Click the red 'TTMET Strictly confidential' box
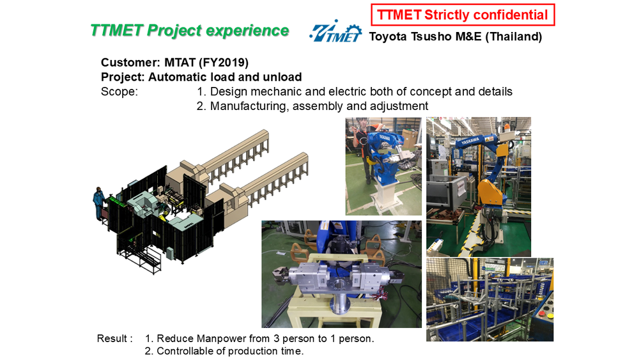(463, 15)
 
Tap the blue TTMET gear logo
(335, 31)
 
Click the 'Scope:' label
(119, 91)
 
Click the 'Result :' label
(114, 338)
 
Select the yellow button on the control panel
(550, 316)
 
